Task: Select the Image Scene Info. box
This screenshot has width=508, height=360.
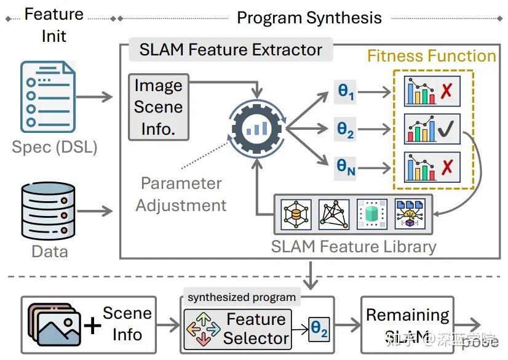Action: (x=158, y=107)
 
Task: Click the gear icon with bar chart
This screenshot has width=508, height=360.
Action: (x=256, y=130)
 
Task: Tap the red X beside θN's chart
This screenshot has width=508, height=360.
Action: (x=446, y=167)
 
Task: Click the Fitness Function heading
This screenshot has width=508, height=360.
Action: (x=431, y=56)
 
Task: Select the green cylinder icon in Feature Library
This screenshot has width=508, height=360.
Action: (x=372, y=214)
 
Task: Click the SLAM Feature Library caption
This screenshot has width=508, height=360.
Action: (x=354, y=247)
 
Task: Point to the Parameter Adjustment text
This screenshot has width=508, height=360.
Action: (x=181, y=194)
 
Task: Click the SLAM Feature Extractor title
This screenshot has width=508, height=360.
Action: (x=231, y=50)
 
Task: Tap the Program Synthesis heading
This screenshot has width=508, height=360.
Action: (x=309, y=17)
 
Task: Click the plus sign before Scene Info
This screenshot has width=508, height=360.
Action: (x=92, y=326)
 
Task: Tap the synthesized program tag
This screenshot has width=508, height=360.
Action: (x=242, y=297)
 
